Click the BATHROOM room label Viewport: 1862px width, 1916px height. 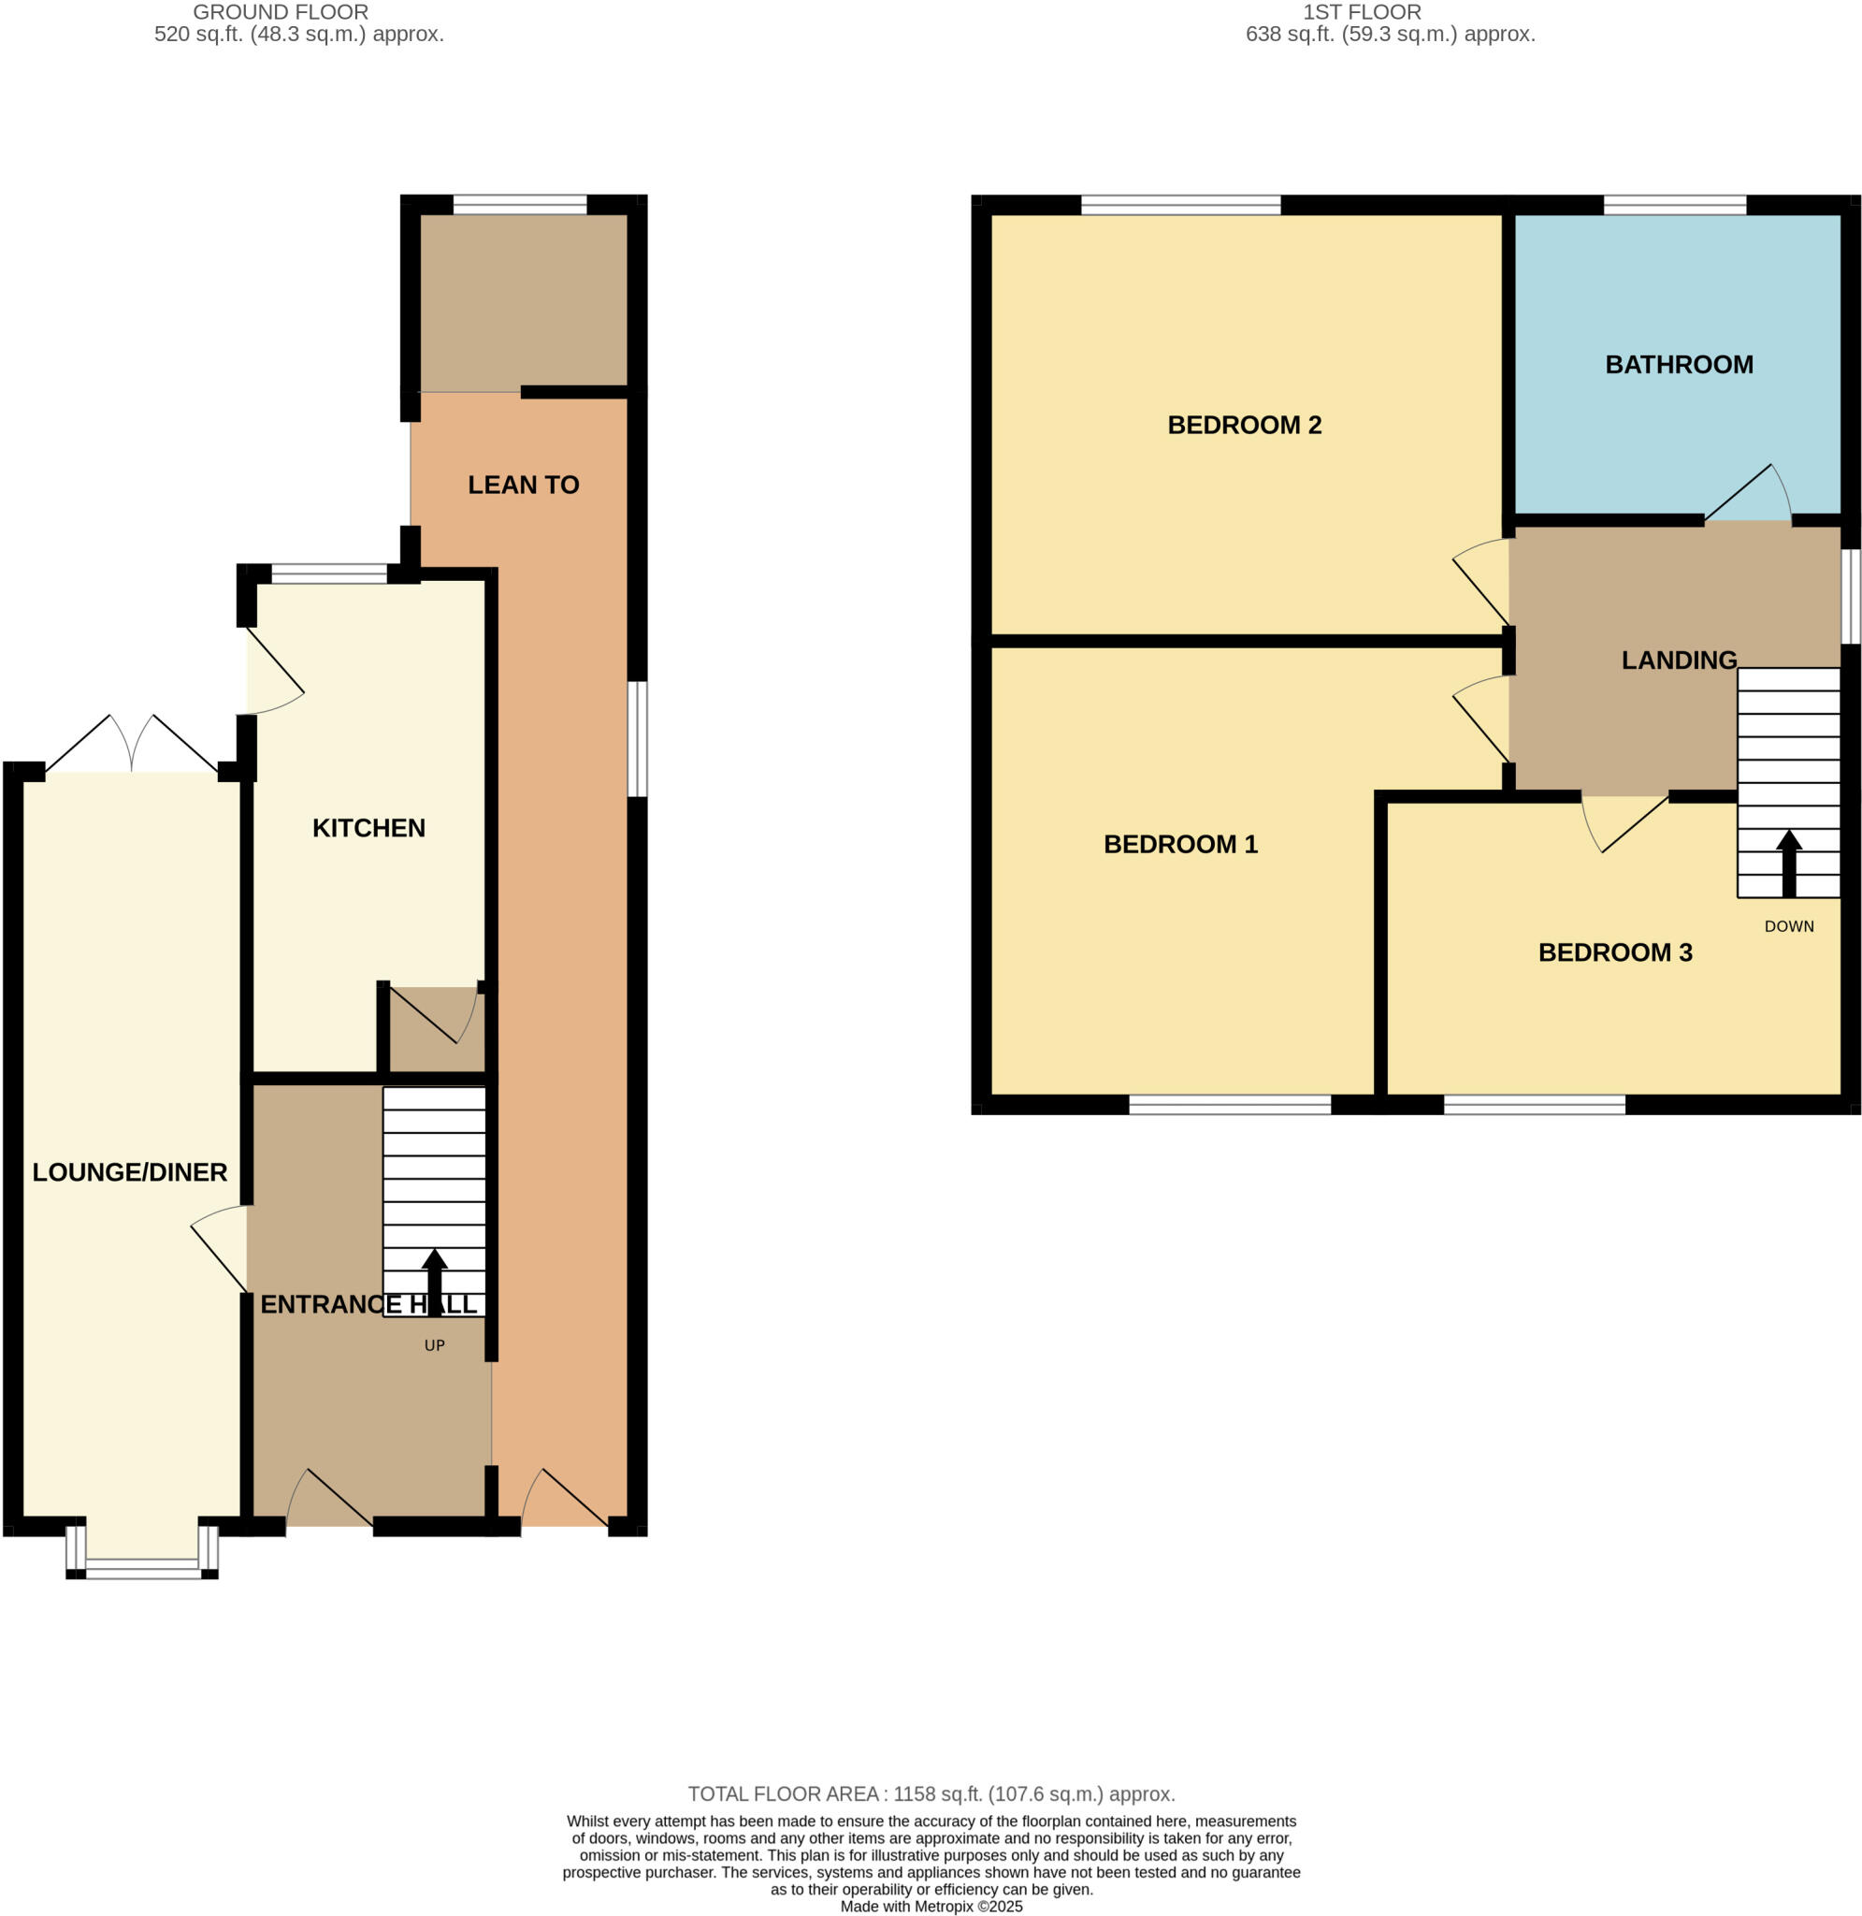click(x=1678, y=365)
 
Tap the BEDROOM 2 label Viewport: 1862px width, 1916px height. click(x=1244, y=425)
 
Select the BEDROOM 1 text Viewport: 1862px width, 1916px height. click(x=1180, y=844)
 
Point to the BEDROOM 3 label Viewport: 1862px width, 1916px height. click(x=1614, y=952)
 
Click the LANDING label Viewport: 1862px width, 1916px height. click(x=1678, y=660)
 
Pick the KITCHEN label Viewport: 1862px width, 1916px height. click(x=368, y=828)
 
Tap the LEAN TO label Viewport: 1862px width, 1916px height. click(x=523, y=486)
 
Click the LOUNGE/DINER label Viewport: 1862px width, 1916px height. click(x=130, y=1171)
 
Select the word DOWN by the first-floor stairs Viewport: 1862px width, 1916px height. click(x=1789, y=926)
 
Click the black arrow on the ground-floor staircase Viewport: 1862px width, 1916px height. click(x=434, y=1283)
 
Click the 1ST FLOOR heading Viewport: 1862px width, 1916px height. click(x=1362, y=13)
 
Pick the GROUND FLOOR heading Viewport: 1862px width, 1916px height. click(x=281, y=13)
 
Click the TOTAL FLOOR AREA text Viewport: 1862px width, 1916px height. click(x=931, y=1793)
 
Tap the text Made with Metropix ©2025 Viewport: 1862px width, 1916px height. click(x=931, y=1907)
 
